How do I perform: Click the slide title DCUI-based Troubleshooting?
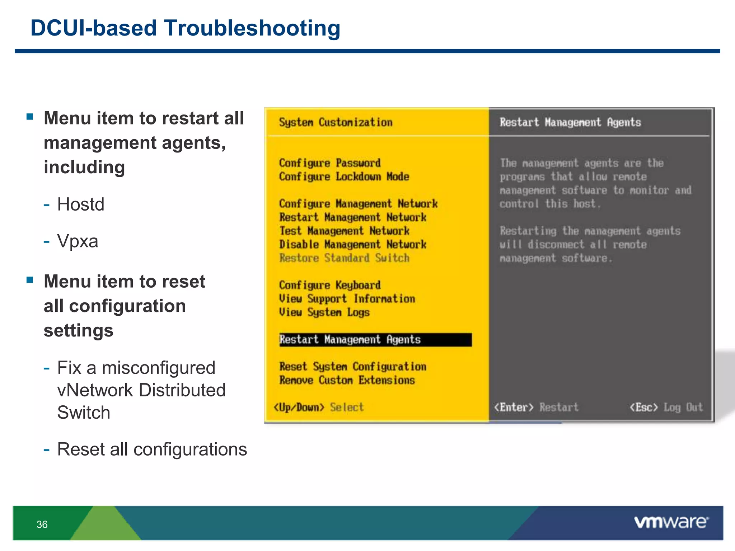(185, 28)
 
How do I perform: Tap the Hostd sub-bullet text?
(81, 204)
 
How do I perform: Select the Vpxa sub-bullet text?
(78, 241)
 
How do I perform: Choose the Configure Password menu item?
(330, 163)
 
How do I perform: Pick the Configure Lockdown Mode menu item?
(344, 176)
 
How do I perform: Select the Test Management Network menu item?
(344, 231)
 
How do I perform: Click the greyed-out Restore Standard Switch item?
(344, 258)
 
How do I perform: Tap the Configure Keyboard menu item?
(330, 285)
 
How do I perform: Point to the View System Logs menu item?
(324, 312)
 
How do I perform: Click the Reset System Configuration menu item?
(353, 367)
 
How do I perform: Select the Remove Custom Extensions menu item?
(347, 380)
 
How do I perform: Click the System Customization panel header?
(336, 122)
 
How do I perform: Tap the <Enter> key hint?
(514, 408)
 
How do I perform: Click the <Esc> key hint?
(644, 408)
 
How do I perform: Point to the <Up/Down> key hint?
(299, 408)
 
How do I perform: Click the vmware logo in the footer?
(671, 522)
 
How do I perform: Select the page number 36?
(42, 524)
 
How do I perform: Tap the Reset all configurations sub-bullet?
(152, 449)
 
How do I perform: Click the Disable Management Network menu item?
(353, 244)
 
